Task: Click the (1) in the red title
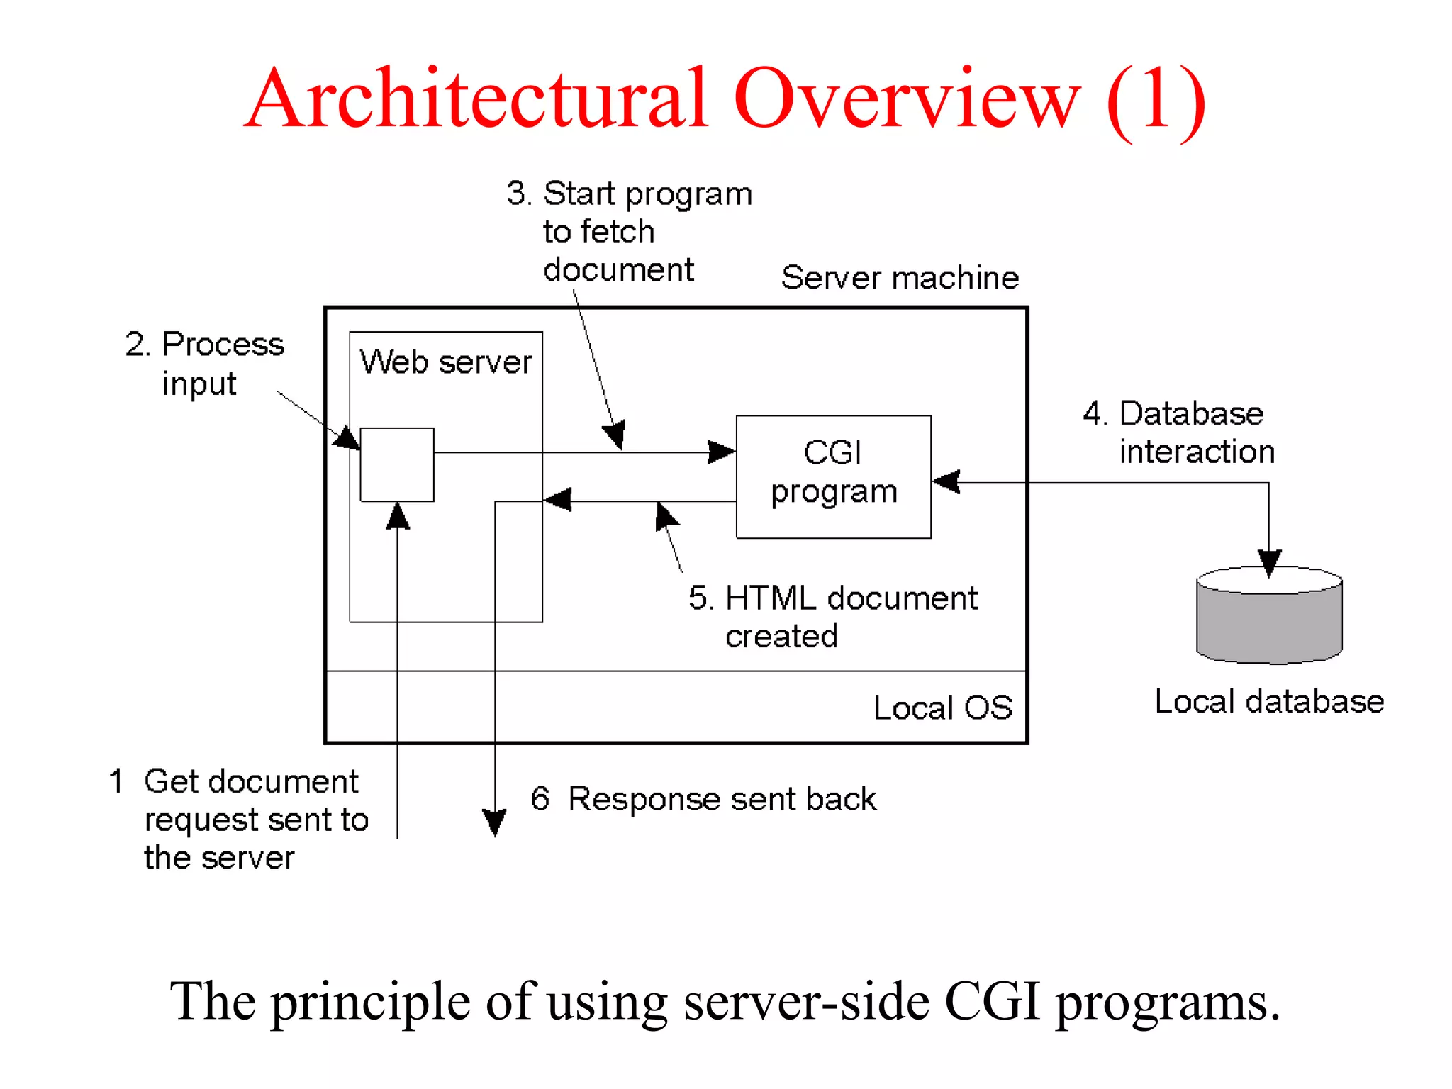click(1155, 99)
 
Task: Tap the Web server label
click(445, 362)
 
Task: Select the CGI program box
click(833, 476)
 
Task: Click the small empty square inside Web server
click(397, 464)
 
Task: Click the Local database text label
click(1268, 701)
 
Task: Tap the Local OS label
click(942, 708)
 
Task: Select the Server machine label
click(900, 277)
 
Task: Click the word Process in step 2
click(223, 345)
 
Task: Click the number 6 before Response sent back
click(540, 799)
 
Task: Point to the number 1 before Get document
click(116, 781)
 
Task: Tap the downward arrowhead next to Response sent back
click(494, 822)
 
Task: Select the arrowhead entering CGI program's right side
click(946, 482)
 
